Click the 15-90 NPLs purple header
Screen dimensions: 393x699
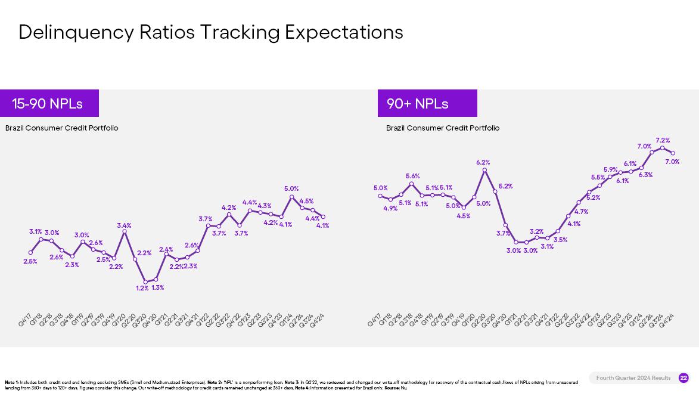[x=49, y=103]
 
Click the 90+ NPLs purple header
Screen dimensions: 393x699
[x=427, y=103]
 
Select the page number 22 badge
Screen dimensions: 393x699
[x=684, y=378]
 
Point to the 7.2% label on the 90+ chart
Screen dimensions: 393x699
[x=663, y=141]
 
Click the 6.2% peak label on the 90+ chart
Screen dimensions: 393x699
[x=483, y=162]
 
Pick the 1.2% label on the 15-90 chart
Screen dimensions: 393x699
[x=142, y=288]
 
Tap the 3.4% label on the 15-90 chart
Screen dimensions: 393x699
[x=124, y=225]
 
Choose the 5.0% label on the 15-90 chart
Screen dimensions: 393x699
[x=291, y=188]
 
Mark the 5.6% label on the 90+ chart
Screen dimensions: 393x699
[x=412, y=176]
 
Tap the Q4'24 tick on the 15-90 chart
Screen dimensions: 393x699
[x=317, y=320]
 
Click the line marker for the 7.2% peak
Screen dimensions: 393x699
[x=663, y=148]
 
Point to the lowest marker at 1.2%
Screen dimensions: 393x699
[x=145, y=282]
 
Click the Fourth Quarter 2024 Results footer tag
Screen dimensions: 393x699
[x=633, y=378]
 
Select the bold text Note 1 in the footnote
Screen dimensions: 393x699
[x=11, y=382]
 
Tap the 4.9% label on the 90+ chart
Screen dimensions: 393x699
[x=390, y=208]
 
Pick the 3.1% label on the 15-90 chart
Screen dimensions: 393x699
[x=35, y=231]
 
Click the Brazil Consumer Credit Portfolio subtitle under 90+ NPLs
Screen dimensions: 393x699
[x=443, y=128]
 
